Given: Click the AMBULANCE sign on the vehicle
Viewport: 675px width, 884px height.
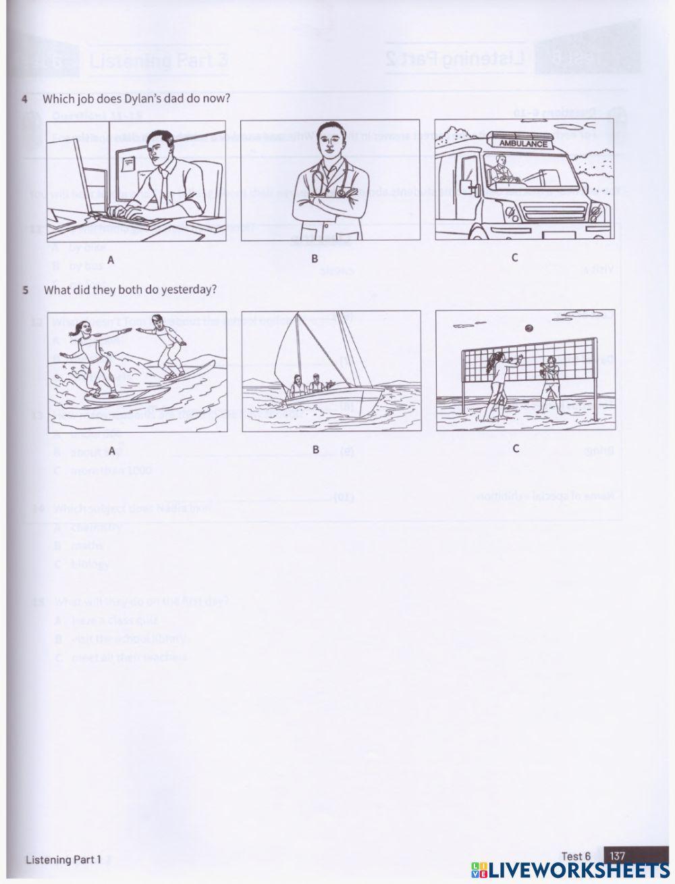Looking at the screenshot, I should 524,144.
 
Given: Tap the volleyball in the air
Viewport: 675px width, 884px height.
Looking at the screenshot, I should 529,329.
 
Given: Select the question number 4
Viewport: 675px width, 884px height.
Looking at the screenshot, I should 25,99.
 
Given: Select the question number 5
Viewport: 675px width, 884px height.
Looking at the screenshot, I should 25,290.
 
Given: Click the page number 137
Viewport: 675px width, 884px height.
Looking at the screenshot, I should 618,856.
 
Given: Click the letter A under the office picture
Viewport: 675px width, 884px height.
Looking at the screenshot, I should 111,259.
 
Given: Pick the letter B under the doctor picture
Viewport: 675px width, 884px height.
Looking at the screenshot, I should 315,259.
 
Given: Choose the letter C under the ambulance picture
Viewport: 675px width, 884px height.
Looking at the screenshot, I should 515,257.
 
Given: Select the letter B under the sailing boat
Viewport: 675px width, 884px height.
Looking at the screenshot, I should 315,449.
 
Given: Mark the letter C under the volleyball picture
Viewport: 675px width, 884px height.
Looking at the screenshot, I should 516,448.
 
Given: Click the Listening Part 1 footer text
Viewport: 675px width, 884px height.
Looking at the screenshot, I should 63,860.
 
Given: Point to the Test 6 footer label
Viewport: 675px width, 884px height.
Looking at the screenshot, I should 576,856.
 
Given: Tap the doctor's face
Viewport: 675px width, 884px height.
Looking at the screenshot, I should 329,142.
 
